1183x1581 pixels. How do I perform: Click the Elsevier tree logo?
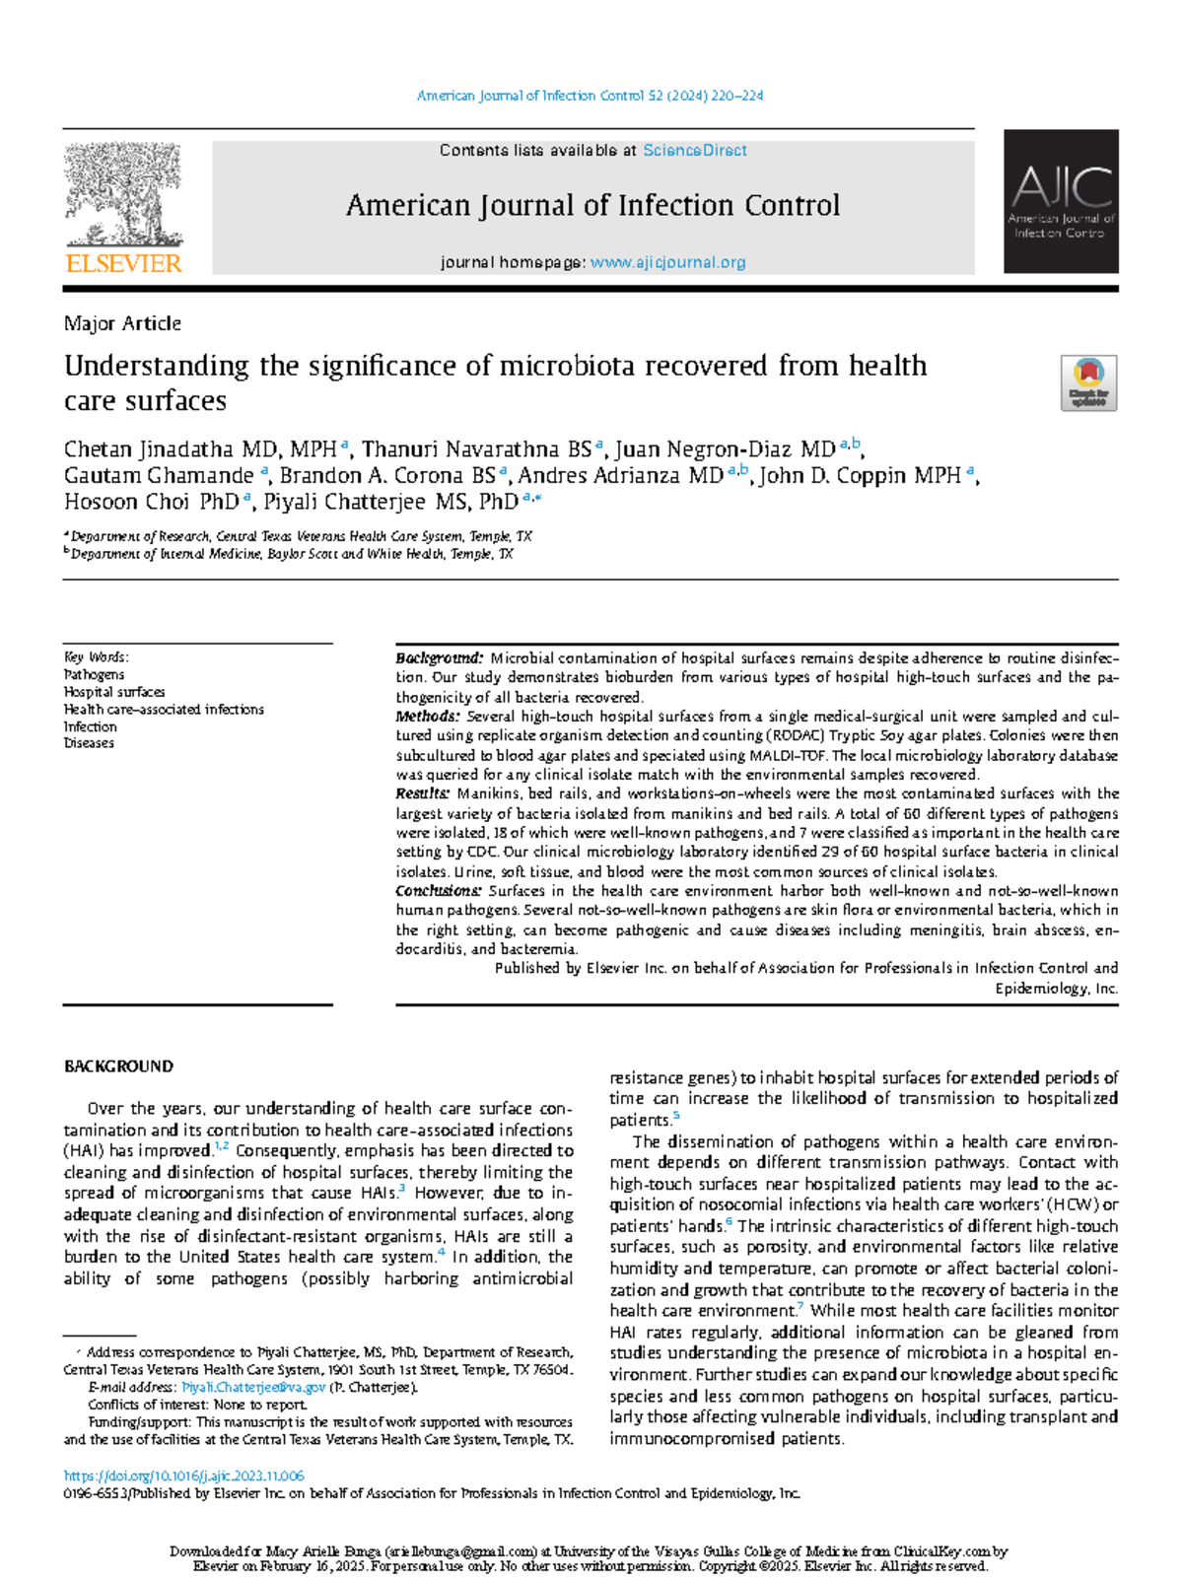point(123,194)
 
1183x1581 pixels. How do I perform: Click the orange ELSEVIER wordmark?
point(123,263)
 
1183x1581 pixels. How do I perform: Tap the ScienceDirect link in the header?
point(694,151)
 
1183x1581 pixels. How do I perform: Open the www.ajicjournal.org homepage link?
point(667,262)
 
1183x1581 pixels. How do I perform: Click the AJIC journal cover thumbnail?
point(1061,201)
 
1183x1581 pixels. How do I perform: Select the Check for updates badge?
point(1087,382)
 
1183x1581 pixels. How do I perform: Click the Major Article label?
point(122,323)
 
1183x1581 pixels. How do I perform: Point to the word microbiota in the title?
point(571,366)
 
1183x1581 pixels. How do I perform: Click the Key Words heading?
point(96,656)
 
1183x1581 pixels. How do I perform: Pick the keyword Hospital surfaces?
point(114,692)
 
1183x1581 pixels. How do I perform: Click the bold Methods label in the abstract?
point(427,717)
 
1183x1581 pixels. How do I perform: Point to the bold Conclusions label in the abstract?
point(439,890)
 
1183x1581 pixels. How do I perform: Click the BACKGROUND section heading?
point(118,1066)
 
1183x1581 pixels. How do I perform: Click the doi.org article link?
point(183,1476)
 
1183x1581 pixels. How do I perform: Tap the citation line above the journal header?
point(590,96)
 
